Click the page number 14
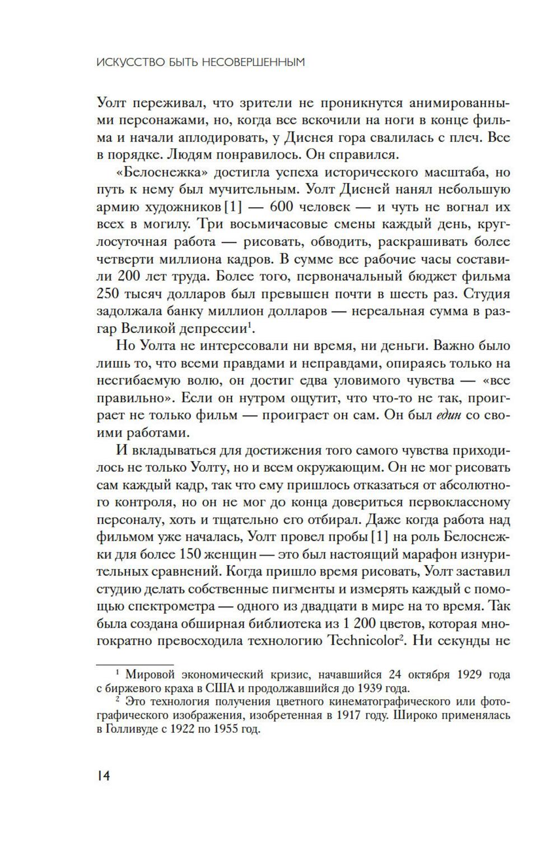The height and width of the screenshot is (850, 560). (x=103, y=777)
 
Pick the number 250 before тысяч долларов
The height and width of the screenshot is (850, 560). (x=108, y=294)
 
